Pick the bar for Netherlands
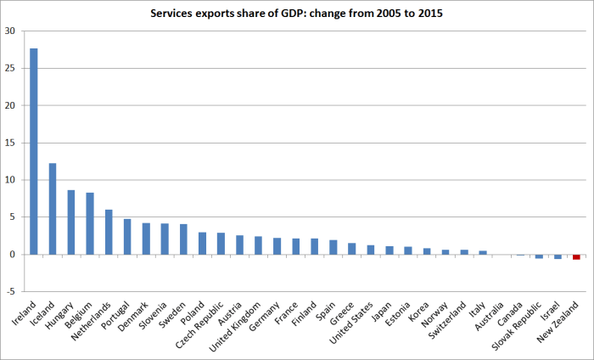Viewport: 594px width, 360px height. coord(109,232)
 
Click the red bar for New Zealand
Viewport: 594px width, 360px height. coord(576,257)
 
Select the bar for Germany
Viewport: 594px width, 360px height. coord(277,246)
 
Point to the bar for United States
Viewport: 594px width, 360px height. coord(370,250)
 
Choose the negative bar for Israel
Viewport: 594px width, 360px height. coord(558,256)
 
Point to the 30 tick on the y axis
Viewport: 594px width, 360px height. coord(10,31)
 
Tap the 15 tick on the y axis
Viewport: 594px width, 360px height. coord(10,143)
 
